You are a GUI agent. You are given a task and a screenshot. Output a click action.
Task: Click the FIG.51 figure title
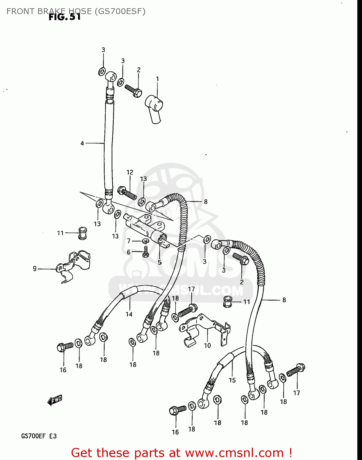coord(65,17)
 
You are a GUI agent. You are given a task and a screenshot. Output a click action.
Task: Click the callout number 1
coord(158,79)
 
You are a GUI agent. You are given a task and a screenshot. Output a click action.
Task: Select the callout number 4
coord(82,143)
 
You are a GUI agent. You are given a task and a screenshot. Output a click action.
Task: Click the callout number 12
coord(130,172)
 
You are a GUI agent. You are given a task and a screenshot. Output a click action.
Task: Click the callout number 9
coord(35,269)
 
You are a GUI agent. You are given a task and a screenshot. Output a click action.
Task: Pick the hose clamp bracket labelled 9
coord(74,265)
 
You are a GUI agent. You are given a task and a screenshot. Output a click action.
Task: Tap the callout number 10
coord(208,345)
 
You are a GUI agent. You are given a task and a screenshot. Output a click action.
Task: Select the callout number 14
coord(129,314)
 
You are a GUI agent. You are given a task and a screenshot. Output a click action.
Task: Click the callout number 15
coord(232,380)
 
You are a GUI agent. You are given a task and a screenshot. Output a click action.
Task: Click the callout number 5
coord(160,262)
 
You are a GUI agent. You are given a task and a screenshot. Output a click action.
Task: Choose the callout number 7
coord(129,241)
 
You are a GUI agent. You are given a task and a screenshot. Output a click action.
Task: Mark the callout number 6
coord(129,252)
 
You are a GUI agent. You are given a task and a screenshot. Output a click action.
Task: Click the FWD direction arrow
coord(55,400)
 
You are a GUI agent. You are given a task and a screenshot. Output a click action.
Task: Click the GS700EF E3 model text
coord(39,436)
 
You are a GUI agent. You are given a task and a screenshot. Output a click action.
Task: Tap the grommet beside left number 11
coord(82,233)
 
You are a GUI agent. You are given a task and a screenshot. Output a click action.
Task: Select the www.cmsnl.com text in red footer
coord(234,453)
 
